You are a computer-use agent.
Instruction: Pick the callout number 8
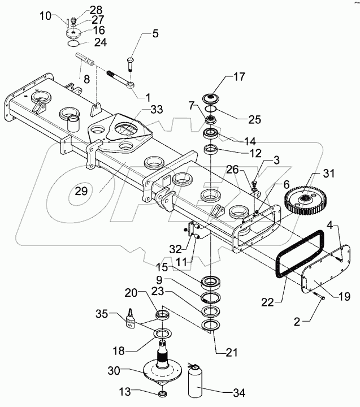point(86,79)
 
